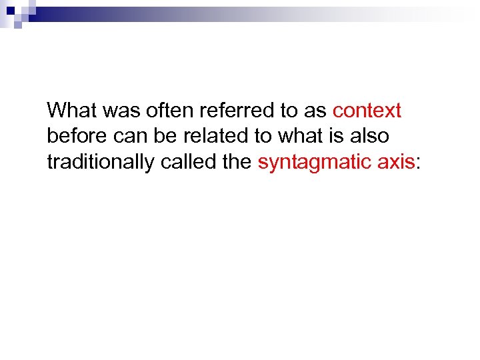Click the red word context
tap(367, 110)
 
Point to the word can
tap(127, 137)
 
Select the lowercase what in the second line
tap(298, 137)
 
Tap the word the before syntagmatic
tap(239, 163)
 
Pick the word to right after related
tap(262, 137)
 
